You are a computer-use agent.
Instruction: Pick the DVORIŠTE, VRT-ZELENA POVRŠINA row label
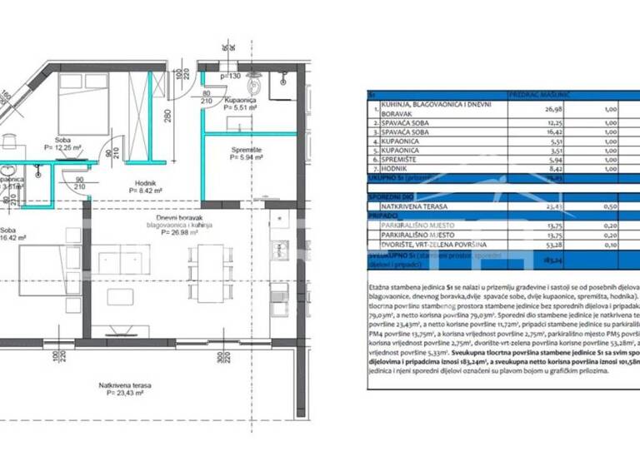pos(434,246)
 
